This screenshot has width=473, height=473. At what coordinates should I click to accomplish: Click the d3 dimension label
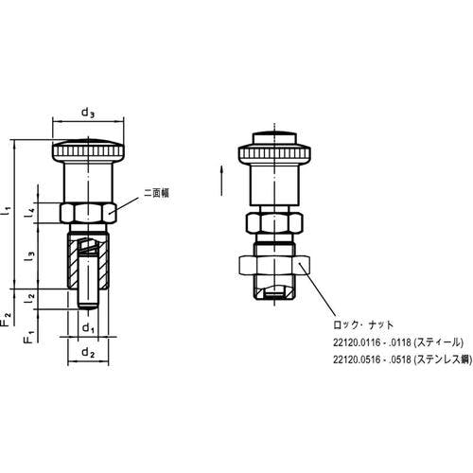pyautogui.click(x=88, y=113)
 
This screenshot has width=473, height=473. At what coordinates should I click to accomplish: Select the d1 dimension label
pyautogui.click(x=88, y=328)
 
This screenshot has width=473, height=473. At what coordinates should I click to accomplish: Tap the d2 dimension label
pyautogui.click(x=88, y=353)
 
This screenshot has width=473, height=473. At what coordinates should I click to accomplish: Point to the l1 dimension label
pyautogui.click(x=7, y=211)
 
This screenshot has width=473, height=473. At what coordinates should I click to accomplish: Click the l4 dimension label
pyautogui.click(x=29, y=214)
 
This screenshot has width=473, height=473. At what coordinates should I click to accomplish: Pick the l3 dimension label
pyautogui.click(x=29, y=256)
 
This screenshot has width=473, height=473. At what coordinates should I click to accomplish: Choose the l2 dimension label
pyautogui.click(x=29, y=298)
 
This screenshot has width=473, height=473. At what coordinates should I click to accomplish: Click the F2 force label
pyautogui.click(x=7, y=319)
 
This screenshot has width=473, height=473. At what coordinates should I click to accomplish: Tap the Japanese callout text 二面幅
pyautogui.click(x=156, y=193)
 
